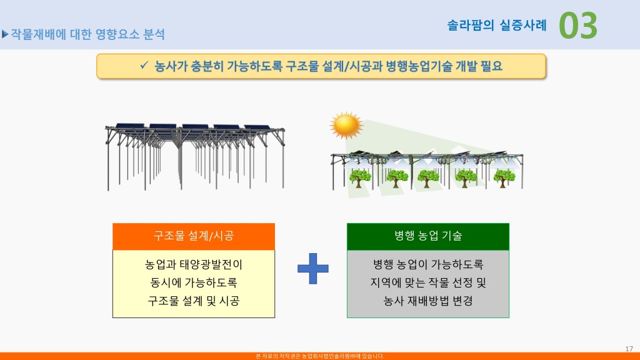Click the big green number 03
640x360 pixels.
coord(577,25)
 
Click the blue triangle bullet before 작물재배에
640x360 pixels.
coord(5,34)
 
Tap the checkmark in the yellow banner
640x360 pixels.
coord(144,65)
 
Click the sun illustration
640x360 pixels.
coord(346,125)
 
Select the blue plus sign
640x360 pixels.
coord(312,269)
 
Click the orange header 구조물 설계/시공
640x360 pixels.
coord(194,236)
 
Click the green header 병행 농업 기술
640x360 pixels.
coord(427,236)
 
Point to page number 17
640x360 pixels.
coord(629,349)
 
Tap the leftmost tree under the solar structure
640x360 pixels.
coord(360,178)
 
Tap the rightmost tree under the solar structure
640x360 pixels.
coord(504,178)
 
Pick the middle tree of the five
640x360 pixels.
coord(427,178)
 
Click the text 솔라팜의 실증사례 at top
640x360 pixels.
coord(497,25)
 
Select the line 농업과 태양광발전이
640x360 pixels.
coord(194,264)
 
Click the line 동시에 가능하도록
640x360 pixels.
coord(194,282)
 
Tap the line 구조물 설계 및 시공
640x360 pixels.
coord(194,301)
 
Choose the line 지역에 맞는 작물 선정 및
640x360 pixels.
coord(428,282)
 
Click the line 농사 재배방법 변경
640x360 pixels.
coord(428,301)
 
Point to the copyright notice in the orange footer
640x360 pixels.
coord(320,356)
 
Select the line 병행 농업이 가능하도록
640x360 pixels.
coord(428,264)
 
